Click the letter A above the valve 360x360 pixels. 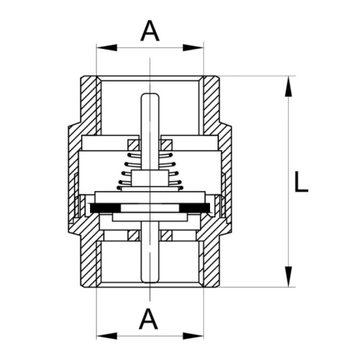click(x=150, y=31)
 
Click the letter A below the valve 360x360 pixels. click(x=148, y=319)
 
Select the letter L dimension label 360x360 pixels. click(x=301, y=181)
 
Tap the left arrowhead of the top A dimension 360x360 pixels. click(x=106, y=47)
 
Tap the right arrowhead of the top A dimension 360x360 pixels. click(x=193, y=47)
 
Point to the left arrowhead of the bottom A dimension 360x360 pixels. click(x=106, y=336)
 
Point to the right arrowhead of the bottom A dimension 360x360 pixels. click(x=193, y=336)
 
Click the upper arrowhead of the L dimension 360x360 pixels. click(x=289, y=86)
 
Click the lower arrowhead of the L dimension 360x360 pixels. click(x=289, y=277)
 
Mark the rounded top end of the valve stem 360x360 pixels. click(x=150, y=95)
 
